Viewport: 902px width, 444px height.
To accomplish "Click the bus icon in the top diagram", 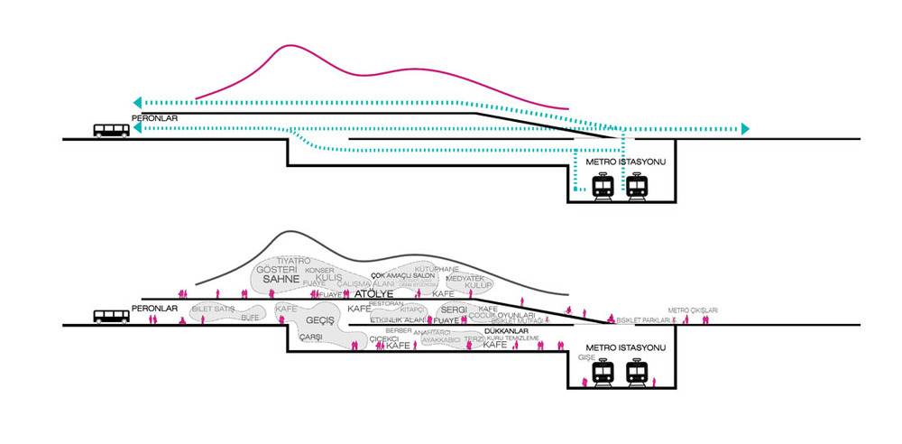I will pos(111,130).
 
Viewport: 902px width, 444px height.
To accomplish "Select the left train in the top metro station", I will pos(602,186).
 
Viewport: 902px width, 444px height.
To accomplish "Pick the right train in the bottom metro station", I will pos(638,372).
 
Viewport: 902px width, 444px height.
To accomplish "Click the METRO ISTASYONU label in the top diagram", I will pos(625,162).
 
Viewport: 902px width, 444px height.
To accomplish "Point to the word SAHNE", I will pos(281,280).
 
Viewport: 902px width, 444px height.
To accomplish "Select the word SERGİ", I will pos(454,310).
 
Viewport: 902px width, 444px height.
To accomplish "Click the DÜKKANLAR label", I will pos(505,331).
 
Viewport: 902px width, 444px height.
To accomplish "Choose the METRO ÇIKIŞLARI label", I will pos(693,310).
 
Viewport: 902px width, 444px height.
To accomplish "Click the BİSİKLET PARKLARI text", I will pos(643,319).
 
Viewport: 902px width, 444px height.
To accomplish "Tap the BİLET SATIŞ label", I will pos(212,309).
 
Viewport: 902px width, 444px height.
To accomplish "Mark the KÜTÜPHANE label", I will pos(437,269).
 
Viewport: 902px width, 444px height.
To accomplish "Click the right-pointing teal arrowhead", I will pos(744,129).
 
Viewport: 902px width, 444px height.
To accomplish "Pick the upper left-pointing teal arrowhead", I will pos(136,102).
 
